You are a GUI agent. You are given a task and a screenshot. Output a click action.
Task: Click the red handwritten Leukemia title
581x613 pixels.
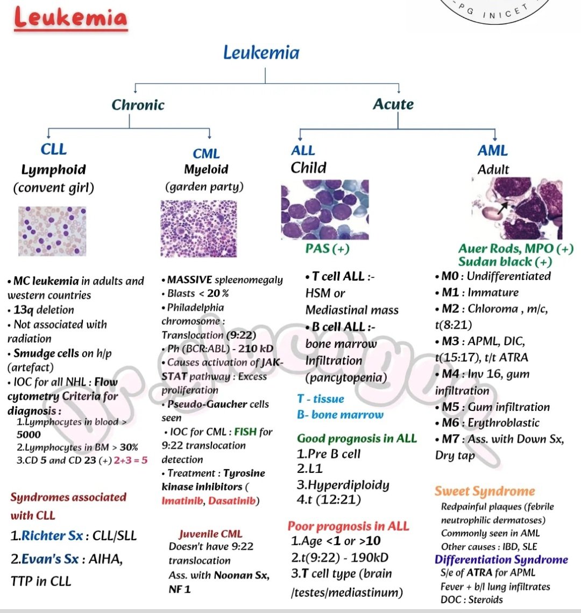coord(70,19)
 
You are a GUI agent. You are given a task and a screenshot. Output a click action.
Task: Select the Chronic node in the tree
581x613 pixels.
coord(138,105)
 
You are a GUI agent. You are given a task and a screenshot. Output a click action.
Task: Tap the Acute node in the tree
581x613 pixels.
coord(393,104)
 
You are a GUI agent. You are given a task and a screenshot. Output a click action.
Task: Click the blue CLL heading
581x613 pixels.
coord(53,149)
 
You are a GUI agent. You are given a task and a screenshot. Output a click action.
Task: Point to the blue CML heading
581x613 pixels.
coord(206,154)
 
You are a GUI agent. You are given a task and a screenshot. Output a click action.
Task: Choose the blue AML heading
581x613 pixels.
coord(492,151)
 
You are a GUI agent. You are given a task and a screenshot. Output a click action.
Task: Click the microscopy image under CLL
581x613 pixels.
coord(52,231)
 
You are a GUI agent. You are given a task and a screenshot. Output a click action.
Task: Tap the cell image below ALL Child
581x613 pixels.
coord(325,210)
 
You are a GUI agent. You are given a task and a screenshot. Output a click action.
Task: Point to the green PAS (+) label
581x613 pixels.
coord(327,248)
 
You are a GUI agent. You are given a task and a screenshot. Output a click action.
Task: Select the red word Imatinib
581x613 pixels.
coord(183,501)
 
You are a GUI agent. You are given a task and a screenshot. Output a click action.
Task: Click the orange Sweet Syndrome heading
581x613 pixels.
coord(485,491)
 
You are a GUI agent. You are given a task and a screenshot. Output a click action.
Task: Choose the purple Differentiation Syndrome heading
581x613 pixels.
coord(501,560)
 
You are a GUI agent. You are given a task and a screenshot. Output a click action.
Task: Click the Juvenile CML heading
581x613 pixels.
coord(210,534)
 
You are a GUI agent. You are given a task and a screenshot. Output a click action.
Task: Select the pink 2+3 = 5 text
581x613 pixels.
coord(130,461)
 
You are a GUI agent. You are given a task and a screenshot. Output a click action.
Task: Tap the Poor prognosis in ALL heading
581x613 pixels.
coord(348,526)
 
